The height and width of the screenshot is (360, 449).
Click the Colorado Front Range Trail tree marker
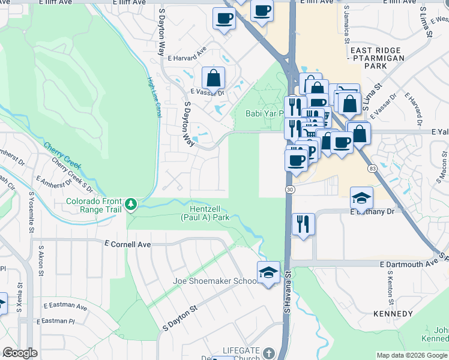coord(131,205)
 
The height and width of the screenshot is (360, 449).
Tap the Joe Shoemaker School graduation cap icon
coord(268,273)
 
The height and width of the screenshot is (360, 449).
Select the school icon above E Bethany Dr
coord(361,198)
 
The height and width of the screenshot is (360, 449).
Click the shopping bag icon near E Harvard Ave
coord(213,78)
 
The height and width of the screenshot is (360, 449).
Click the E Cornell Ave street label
coord(127,245)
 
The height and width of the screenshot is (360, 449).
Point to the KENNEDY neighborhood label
coord(393,314)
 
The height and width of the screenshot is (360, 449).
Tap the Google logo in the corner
coord(20,353)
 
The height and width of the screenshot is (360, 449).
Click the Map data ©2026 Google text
coord(412,355)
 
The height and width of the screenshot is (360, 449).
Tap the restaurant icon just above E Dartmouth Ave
coord(303,224)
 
